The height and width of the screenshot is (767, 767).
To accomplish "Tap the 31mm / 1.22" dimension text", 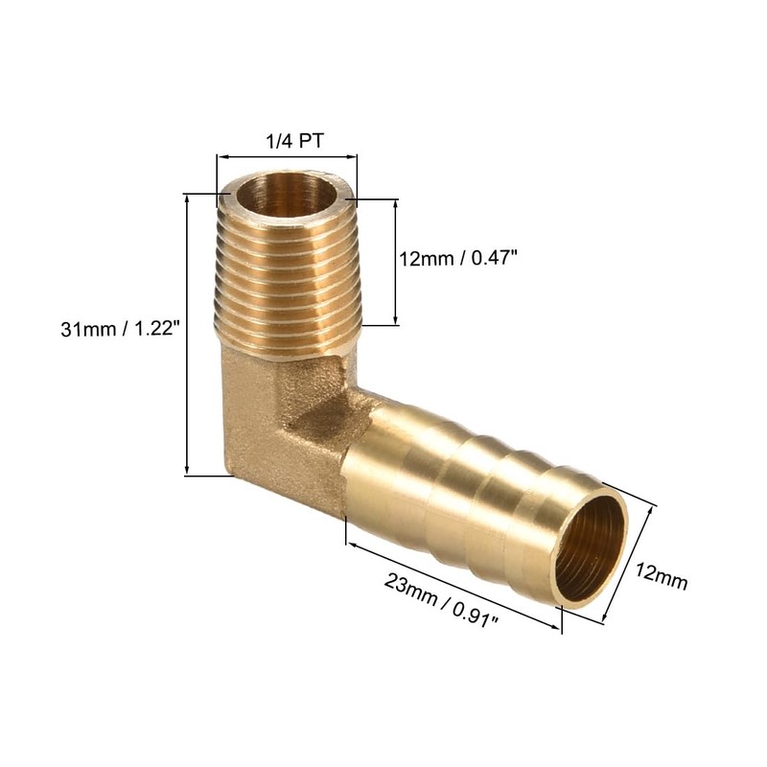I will pos(120,329).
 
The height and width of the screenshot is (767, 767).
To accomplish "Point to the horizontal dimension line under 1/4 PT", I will pos(287,156).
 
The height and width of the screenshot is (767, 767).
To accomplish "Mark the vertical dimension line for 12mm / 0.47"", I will pos(394,263).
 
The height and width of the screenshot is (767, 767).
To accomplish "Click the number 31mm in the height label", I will pos(82,329).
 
